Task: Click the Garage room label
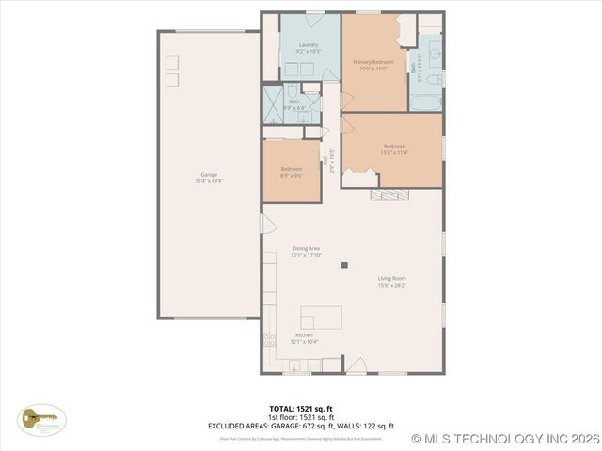click(x=208, y=174)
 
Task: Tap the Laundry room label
click(x=309, y=45)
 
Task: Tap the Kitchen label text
click(x=304, y=335)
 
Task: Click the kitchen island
click(x=322, y=317)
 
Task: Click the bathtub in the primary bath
click(x=428, y=101)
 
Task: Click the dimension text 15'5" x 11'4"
click(x=393, y=153)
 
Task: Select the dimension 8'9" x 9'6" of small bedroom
click(x=291, y=176)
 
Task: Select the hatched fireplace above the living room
click(x=388, y=194)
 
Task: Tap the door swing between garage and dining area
click(x=266, y=224)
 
